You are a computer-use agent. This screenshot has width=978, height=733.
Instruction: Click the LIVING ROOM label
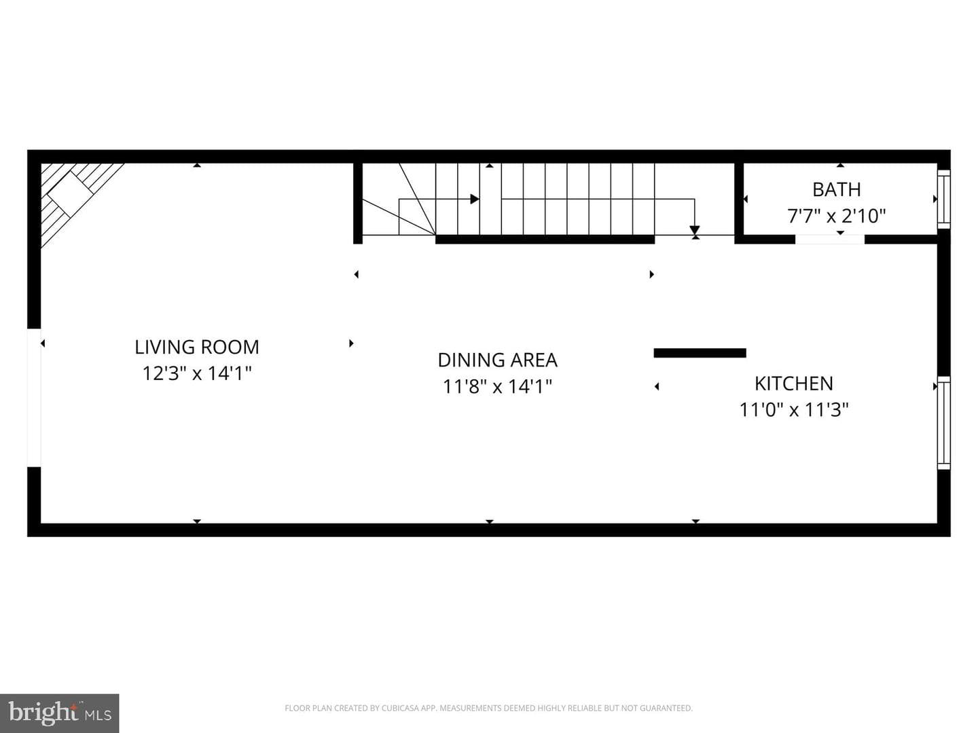click(x=197, y=347)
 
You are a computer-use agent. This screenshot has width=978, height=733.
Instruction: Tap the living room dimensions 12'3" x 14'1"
click(x=197, y=373)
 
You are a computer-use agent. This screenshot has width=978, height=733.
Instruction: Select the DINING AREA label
click(x=497, y=360)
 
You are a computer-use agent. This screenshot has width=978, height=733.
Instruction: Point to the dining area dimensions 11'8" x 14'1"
click(x=497, y=386)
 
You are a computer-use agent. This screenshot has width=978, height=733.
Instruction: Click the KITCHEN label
click(x=793, y=383)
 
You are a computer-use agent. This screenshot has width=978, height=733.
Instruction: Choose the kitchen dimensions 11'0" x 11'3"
click(x=794, y=409)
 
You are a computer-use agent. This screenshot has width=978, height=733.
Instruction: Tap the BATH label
click(x=836, y=189)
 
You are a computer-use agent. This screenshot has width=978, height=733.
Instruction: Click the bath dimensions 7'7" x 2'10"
click(x=836, y=216)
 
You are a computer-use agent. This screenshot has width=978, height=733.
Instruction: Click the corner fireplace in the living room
click(x=82, y=205)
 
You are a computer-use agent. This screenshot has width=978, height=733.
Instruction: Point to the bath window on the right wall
click(x=943, y=199)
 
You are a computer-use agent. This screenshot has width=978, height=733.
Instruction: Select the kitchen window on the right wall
click(x=943, y=423)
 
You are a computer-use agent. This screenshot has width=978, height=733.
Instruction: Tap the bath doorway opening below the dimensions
click(x=830, y=240)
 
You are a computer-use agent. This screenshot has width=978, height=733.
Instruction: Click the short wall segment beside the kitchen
click(x=700, y=353)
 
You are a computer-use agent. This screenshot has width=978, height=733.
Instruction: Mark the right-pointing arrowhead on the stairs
click(x=475, y=199)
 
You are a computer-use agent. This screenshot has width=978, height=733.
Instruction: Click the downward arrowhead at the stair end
click(x=695, y=230)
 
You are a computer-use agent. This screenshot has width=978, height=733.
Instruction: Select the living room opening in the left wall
click(x=35, y=398)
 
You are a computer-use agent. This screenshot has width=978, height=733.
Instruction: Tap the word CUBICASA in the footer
click(x=398, y=708)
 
